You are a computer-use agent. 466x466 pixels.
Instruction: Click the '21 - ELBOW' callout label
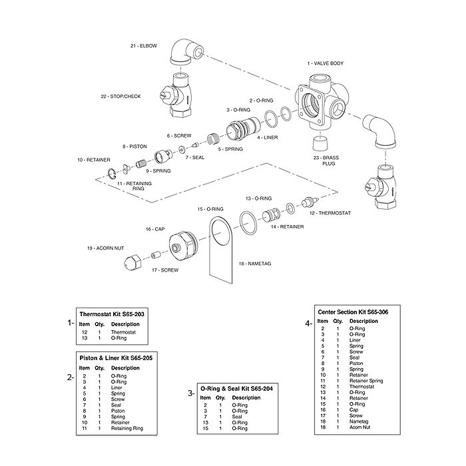click(x=143, y=45)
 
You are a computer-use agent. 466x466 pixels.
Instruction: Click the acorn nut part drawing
click(x=132, y=262)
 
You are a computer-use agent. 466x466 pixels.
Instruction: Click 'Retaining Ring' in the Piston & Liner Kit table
click(x=126, y=428)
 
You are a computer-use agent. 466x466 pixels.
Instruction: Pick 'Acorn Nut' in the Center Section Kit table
click(x=361, y=426)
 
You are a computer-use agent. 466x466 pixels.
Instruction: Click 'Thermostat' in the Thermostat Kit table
click(x=123, y=332)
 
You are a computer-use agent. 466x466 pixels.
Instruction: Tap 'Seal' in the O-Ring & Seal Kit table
click(x=237, y=417)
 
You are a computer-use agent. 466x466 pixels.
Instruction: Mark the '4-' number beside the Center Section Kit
click(x=308, y=323)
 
